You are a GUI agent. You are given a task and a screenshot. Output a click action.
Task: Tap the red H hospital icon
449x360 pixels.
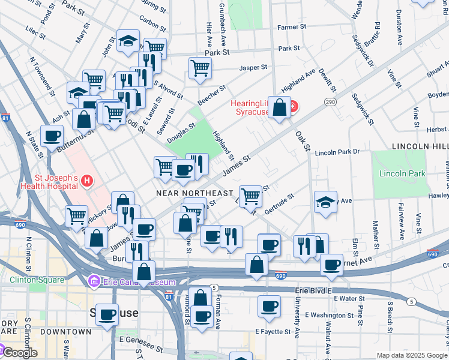coord(88,180)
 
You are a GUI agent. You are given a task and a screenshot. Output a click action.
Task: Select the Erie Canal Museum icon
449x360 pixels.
coord(94,281)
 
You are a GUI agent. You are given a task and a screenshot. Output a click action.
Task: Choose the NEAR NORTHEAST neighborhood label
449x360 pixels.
coord(194,193)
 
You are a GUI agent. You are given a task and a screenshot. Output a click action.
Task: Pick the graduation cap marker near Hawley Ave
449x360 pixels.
coord(325,202)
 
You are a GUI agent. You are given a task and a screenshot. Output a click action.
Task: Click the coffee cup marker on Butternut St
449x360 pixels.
coord(52,136)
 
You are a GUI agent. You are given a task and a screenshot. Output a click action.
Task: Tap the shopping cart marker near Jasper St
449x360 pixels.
coord(200,68)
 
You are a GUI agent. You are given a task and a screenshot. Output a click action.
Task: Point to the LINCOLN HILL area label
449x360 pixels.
coord(420,146)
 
